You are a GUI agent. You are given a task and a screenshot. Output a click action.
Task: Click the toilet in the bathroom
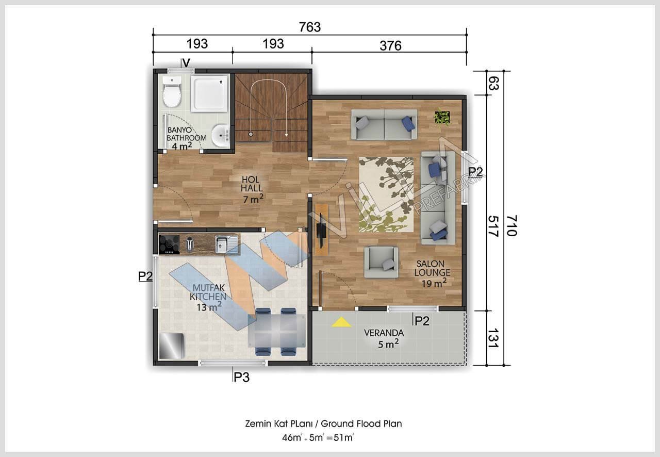point(172,92)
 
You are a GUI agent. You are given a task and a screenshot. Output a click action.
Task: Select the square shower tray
point(209,93)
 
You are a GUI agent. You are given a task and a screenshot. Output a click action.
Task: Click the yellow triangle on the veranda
point(341,322)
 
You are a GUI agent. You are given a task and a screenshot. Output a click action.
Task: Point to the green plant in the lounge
point(442,117)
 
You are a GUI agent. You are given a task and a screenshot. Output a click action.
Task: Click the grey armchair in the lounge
point(381,263)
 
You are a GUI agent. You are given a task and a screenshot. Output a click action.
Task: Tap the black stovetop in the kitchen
point(169,244)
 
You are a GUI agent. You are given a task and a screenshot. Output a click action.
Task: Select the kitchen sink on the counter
point(226,244)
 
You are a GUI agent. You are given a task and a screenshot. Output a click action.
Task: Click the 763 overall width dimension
point(310,27)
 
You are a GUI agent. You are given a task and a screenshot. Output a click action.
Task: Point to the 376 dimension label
point(390,46)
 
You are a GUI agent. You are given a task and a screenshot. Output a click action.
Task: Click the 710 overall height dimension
point(512,225)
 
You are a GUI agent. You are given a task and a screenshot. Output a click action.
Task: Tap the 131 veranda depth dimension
point(493,338)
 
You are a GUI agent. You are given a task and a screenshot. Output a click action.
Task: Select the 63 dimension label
point(493,83)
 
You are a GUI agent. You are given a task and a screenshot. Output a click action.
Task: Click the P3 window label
point(241,377)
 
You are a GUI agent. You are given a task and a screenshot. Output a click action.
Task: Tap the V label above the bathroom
point(186,63)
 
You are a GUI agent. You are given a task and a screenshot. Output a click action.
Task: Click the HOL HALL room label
point(252,184)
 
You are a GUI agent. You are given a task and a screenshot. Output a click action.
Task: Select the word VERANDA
point(384,333)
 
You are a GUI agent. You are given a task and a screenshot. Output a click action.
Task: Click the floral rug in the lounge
point(386,194)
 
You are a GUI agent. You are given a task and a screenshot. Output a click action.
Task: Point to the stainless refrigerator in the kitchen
point(172,346)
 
